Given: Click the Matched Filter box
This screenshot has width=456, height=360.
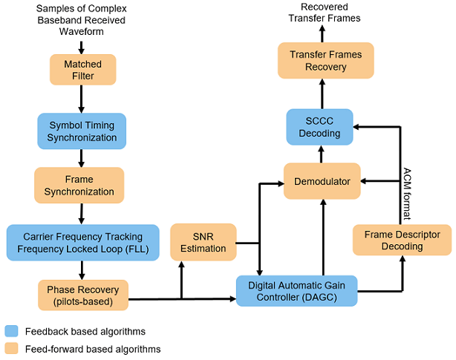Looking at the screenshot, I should (x=82, y=71).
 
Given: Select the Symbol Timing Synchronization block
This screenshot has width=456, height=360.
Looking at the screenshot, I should (x=82, y=130).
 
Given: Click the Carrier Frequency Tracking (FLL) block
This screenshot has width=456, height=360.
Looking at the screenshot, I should (x=82, y=242).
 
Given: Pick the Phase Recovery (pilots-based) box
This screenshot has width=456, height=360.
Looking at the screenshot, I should (x=82, y=295).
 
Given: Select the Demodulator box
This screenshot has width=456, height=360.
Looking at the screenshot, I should (x=322, y=180).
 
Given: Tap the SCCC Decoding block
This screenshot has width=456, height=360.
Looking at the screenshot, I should (x=322, y=127).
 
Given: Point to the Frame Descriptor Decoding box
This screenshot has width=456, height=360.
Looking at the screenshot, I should (x=402, y=240).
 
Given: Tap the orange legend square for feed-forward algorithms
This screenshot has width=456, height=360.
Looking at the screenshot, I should (x=11, y=348).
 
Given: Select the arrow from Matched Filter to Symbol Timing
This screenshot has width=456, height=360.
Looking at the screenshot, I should (x=82, y=99).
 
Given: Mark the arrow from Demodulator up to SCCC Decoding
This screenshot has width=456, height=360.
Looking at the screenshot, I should (x=322, y=154).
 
